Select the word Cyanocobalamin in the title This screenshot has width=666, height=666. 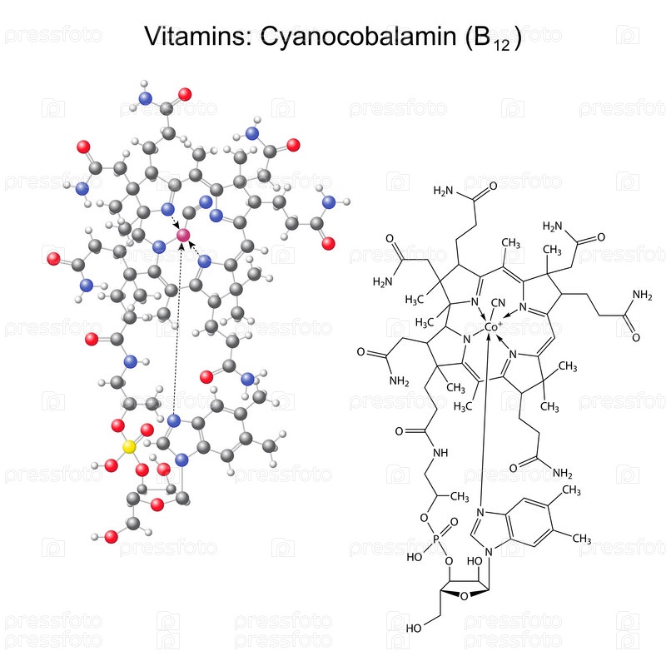[358, 37]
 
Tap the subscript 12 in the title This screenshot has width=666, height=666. [502, 45]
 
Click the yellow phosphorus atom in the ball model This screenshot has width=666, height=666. [129, 447]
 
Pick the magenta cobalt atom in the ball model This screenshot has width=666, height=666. [183, 235]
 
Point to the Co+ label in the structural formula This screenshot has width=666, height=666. [493, 326]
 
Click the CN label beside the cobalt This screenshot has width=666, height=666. [498, 303]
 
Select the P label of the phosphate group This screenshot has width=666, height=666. [436, 539]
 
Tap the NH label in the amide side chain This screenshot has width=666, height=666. [440, 453]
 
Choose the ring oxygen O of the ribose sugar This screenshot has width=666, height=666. [465, 596]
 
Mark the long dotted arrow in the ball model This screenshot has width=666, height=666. [178, 328]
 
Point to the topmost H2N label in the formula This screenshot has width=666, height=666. [443, 191]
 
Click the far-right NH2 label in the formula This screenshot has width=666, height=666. [642, 295]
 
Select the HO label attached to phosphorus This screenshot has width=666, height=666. [414, 556]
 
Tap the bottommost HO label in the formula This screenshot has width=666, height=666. [413, 628]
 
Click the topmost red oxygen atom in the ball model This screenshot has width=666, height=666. [185, 94]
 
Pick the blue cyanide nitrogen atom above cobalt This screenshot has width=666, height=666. [206, 201]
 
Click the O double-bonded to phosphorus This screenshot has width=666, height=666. [454, 522]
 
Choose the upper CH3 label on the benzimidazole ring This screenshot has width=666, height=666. [571, 490]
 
